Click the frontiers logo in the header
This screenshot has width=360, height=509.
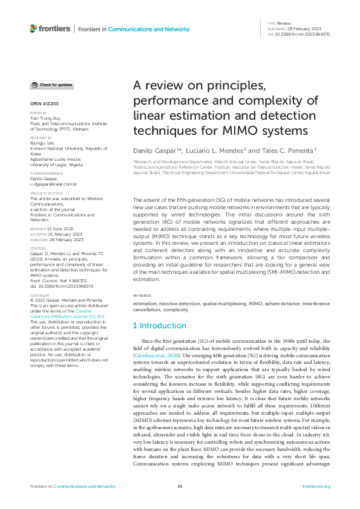50,28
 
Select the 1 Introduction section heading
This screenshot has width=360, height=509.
160,326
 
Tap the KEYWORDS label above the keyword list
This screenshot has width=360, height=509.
142,296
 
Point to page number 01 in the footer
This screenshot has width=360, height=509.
180,486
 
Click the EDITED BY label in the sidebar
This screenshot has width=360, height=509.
38,113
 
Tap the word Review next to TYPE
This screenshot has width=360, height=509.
283,23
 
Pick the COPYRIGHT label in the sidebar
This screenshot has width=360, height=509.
39,296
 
